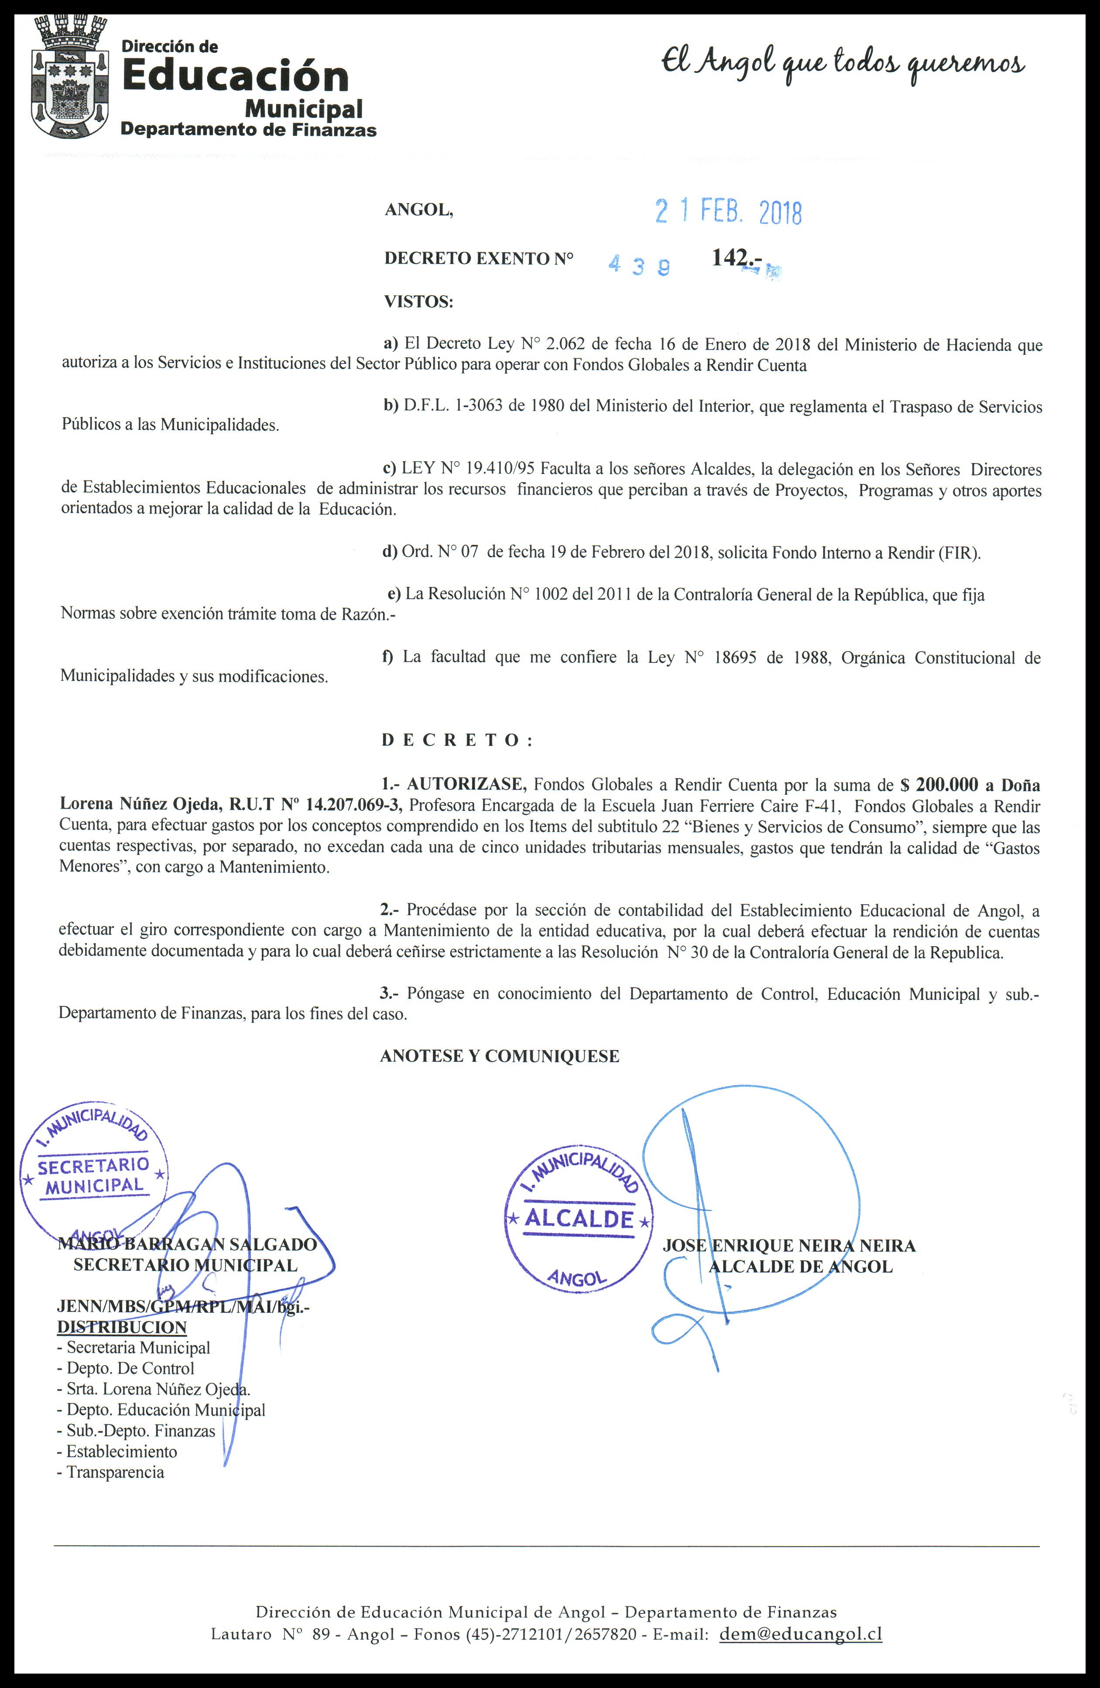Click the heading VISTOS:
coord(418,302)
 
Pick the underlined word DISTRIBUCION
coord(122,1328)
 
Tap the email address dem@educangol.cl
coord(801,1633)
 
